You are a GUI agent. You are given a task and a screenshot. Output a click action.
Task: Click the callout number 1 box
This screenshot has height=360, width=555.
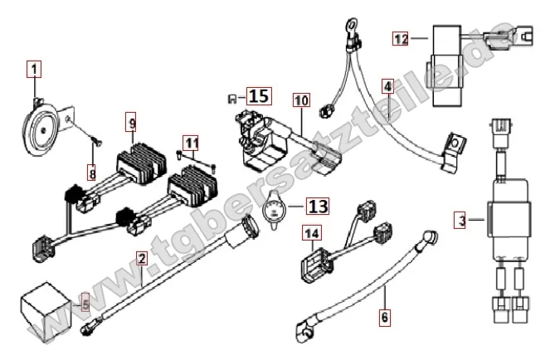tap(34, 69)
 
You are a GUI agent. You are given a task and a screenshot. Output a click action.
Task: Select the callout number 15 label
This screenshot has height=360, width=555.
tap(259, 96)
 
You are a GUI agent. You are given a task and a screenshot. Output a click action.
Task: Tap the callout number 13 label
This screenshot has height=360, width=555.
tap(318, 206)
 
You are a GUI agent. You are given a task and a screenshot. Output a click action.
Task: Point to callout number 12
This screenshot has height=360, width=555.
tap(401, 38)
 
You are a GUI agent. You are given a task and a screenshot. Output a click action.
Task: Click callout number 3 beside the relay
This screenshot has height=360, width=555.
tap(460, 220)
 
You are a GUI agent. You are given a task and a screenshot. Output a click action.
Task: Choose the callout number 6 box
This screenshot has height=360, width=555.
tap(385, 317)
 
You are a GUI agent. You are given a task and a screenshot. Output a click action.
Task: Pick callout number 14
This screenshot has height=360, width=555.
tap(312, 233)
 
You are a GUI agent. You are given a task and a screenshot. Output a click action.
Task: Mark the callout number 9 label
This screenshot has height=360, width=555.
tap(133, 123)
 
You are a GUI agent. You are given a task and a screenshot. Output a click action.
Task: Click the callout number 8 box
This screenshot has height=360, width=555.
tap(92, 174)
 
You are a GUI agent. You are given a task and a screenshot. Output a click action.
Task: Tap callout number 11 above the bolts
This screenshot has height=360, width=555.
tap(192, 144)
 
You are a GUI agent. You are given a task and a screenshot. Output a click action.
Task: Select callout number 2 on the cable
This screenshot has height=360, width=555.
tap(142, 258)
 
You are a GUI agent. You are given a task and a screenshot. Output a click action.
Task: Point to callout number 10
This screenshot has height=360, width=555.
tap(301, 100)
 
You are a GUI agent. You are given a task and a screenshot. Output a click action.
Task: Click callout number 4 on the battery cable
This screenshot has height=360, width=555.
tap(388, 86)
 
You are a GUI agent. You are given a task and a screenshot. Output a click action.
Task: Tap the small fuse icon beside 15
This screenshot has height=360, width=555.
tap(232, 99)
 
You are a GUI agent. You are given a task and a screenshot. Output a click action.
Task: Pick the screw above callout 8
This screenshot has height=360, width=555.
tap(96, 140)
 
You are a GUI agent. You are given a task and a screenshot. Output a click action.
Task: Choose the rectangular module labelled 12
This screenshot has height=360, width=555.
tap(447, 66)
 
